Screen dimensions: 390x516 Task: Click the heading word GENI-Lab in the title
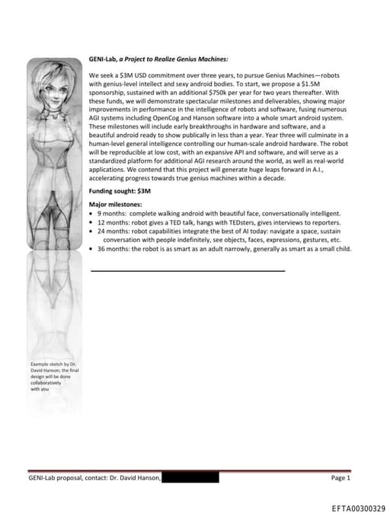coord(103,59)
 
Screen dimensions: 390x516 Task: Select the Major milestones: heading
coord(115,205)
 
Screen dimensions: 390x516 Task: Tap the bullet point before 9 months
coord(91,214)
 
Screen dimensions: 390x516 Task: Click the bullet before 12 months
coord(91,222)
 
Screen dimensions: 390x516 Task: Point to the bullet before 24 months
coord(91,231)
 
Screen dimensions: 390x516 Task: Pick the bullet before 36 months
coord(91,248)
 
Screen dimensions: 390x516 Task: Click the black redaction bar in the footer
coord(190,478)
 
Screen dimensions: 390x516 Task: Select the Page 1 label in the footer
coord(340,478)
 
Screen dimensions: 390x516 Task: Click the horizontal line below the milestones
coord(187,270)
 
